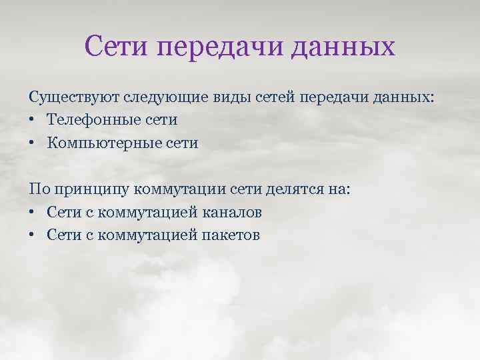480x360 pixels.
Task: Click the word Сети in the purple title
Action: [x=117, y=47]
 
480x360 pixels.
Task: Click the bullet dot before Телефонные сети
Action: [x=33, y=121]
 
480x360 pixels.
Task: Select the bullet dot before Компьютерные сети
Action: [x=33, y=144]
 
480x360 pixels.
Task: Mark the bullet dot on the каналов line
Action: [x=33, y=213]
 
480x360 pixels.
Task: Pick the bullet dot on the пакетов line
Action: [x=33, y=235]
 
